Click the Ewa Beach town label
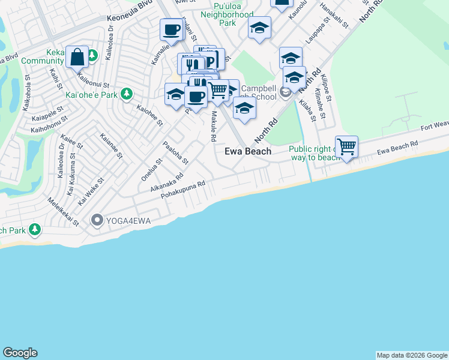coord(248,151)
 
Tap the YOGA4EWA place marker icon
coord(97,221)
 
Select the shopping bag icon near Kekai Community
coord(77,58)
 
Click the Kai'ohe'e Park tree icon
coord(126,94)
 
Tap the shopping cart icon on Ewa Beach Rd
coord(347,146)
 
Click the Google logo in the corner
coord(20,353)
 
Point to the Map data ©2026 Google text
coord(412,355)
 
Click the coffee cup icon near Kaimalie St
coord(172,29)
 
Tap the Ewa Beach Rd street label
coord(397,146)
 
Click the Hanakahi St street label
coord(334,15)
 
